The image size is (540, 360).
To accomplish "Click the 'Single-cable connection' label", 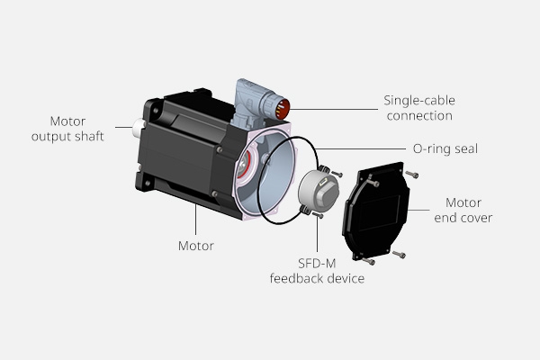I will pyautogui.click(x=417, y=107).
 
